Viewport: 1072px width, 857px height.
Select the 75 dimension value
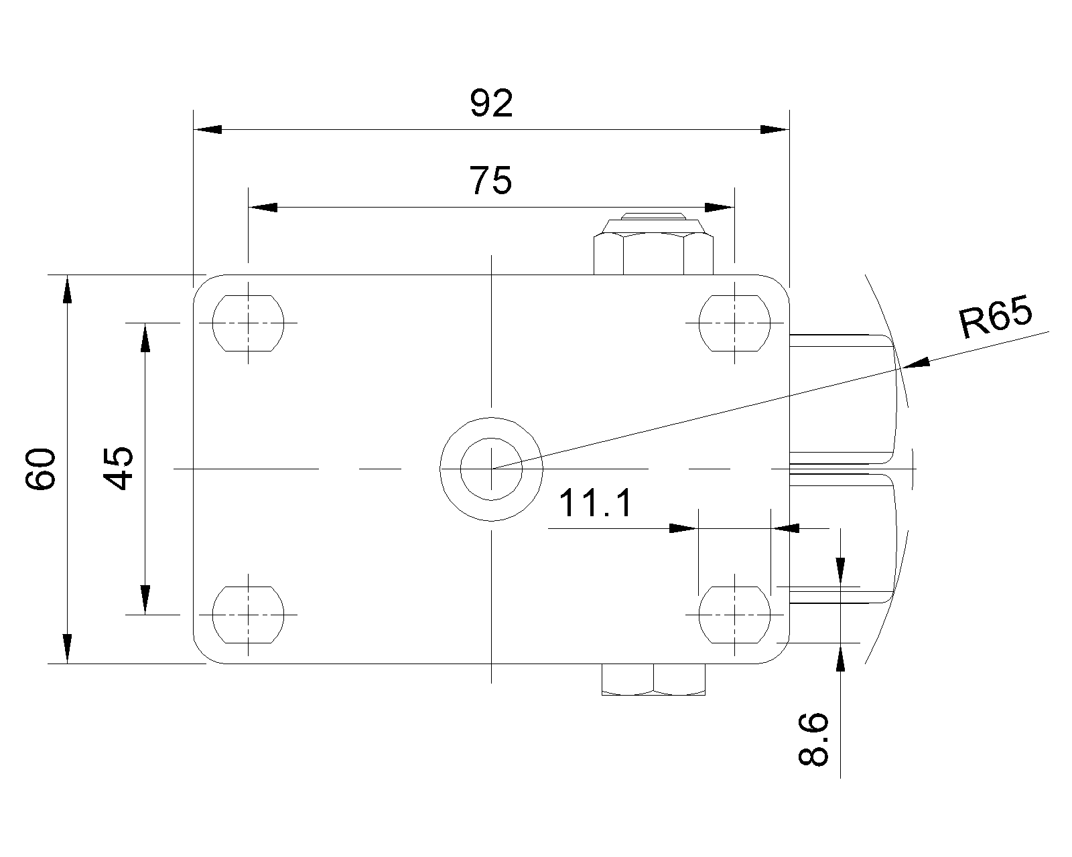click(x=490, y=181)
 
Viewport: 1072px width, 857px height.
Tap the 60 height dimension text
click(x=41, y=469)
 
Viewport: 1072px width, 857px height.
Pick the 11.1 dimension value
click(x=595, y=503)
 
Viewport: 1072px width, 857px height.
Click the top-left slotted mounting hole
click(x=248, y=323)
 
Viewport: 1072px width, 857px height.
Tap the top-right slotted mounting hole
click(x=735, y=323)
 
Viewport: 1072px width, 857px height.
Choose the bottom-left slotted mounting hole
click(x=248, y=614)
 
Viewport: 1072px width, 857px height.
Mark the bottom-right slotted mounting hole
click(x=735, y=614)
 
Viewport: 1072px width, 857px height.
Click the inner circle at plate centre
click(x=491, y=468)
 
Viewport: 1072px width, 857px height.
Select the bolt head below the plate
click(x=653, y=679)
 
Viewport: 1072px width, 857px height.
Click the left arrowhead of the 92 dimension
click(x=207, y=129)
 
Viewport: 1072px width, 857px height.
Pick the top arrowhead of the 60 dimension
click(x=67, y=289)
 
